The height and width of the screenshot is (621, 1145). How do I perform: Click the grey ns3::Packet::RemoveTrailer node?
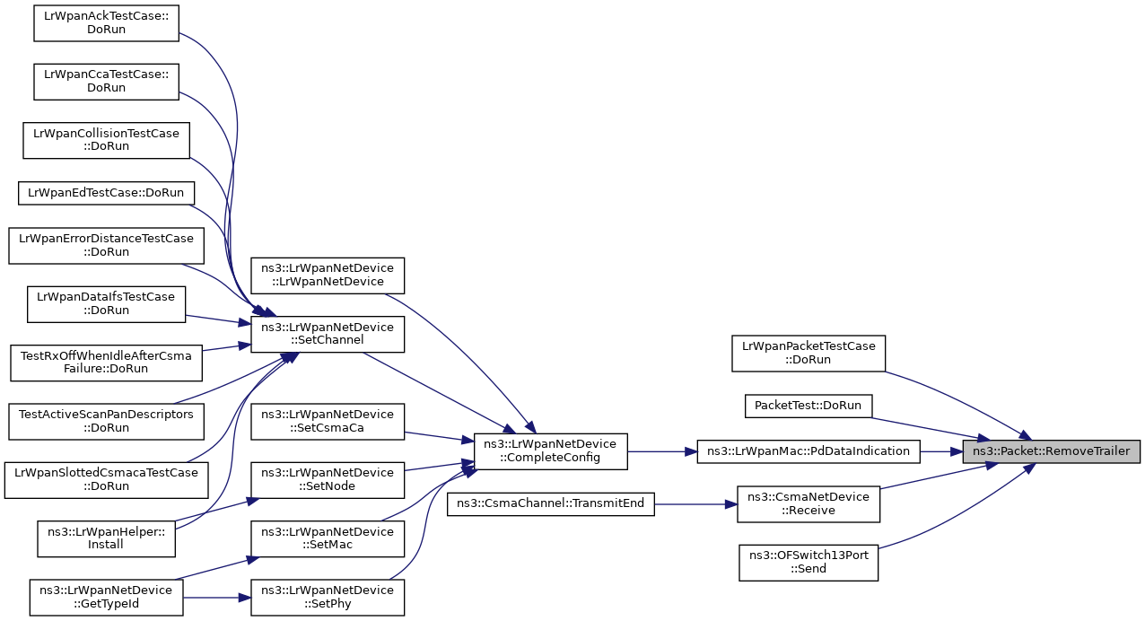pyautogui.click(x=1051, y=451)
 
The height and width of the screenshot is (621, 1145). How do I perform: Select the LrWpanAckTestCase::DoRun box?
pyautogui.click(x=106, y=23)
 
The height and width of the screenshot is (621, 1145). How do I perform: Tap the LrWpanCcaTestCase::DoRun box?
pyautogui.click(x=106, y=82)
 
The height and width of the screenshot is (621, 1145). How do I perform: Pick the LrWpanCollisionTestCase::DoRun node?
pyautogui.click(x=106, y=140)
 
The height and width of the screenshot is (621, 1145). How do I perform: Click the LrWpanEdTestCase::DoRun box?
pyautogui.click(x=106, y=193)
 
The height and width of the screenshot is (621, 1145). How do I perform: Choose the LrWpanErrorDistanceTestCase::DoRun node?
pyautogui.click(x=106, y=246)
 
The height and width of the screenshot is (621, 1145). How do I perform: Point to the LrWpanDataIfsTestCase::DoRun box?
pyautogui.click(x=106, y=304)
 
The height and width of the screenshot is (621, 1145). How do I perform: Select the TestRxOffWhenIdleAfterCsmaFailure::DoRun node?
pyautogui.click(x=106, y=363)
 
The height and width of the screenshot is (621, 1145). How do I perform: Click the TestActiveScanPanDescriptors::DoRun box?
pyautogui.click(x=106, y=421)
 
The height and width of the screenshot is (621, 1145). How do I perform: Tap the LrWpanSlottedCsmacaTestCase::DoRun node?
pyautogui.click(x=106, y=480)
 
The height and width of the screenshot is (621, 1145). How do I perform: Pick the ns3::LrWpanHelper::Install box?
pyautogui.click(x=106, y=538)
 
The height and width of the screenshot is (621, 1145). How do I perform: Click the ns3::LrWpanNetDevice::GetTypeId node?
pyautogui.click(x=106, y=598)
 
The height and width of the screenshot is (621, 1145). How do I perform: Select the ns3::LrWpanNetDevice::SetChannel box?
pyautogui.click(x=328, y=334)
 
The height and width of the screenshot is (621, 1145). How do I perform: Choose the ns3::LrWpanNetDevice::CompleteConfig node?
pyautogui.click(x=551, y=451)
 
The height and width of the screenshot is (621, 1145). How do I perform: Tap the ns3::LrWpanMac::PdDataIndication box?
pyautogui.click(x=808, y=451)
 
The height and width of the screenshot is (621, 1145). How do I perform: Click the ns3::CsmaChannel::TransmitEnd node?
pyautogui.click(x=551, y=504)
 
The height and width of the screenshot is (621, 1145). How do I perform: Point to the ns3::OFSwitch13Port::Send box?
pyautogui.click(x=808, y=563)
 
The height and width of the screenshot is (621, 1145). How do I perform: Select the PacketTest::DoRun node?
pyautogui.click(x=808, y=406)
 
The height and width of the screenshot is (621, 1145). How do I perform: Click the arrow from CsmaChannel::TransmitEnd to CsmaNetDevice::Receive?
pyautogui.click(x=695, y=504)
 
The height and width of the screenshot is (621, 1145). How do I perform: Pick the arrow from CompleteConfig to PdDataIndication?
pyautogui.click(x=662, y=451)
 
